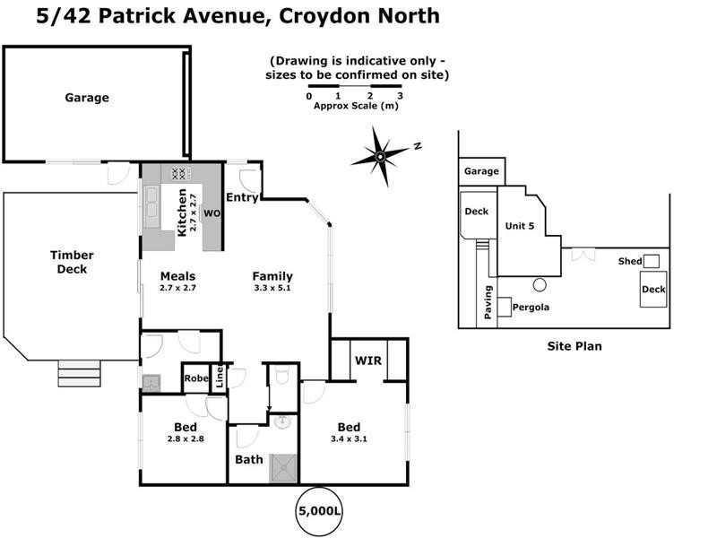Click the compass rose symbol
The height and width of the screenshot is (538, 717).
381,157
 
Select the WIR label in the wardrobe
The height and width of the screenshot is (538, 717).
368,360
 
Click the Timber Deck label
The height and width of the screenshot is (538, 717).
72,262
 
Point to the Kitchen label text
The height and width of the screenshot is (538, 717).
182,213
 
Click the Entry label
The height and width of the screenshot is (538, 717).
241,197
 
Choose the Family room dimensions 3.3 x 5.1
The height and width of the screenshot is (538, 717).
272,289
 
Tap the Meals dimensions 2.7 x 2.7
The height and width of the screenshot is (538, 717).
177,289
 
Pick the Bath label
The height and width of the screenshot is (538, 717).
249,460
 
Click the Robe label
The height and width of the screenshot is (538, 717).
196,378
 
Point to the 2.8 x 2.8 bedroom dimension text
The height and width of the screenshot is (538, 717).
186,439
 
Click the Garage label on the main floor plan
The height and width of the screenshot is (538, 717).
87,98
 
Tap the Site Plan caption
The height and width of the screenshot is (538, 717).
574,345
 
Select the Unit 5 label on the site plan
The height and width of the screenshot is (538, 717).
520,226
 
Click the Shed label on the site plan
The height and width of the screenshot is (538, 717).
629,261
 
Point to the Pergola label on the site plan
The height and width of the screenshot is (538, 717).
530,308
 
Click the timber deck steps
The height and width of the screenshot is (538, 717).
80,373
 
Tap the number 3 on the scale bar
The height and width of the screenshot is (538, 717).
400,96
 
